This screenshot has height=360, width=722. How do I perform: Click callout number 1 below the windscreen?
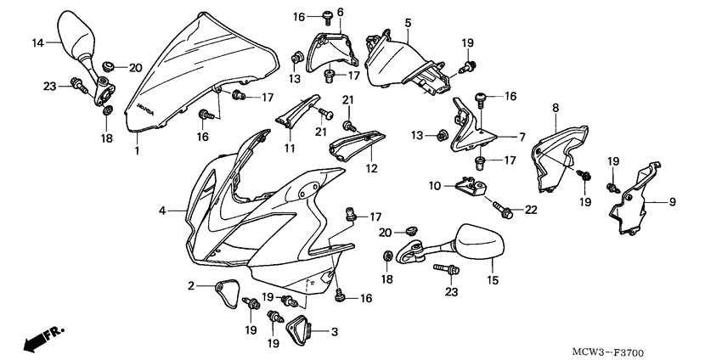tap(137, 150)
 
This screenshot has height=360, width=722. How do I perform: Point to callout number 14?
tap(38, 42)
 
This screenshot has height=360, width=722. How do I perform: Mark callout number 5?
tap(409, 22)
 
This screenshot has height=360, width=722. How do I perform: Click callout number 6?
tap(341, 12)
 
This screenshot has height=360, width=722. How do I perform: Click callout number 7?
tap(521, 136)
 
